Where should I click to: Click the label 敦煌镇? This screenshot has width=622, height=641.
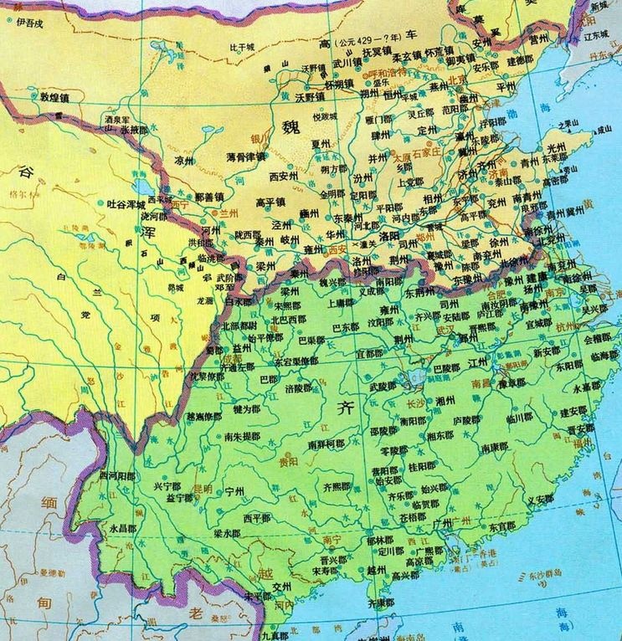[57, 97]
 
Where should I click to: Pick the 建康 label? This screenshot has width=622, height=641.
[537, 276]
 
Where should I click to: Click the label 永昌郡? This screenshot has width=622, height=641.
[122, 529]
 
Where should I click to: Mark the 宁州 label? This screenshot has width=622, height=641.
[234, 492]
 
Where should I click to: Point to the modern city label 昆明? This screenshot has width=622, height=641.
[203, 487]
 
